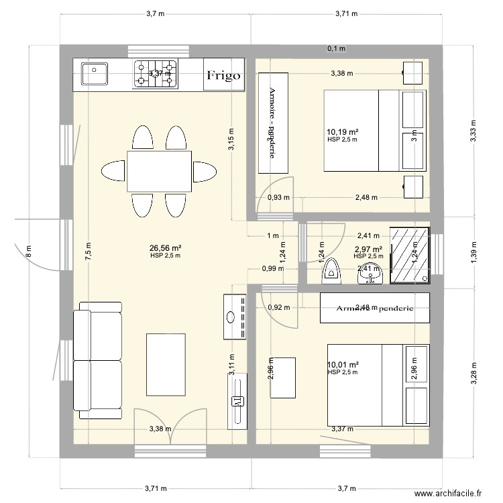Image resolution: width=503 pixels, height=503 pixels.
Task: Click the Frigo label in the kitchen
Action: pyautogui.click(x=223, y=76)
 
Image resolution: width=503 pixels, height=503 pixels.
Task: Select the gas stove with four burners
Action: pyautogui.click(x=156, y=74)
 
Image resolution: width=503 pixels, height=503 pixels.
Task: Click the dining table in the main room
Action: pyautogui.click(x=159, y=170)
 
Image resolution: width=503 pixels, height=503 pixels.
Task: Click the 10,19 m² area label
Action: pyautogui.click(x=343, y=132)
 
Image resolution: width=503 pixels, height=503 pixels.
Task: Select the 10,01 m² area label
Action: pyautogui.click(x=343, y=365)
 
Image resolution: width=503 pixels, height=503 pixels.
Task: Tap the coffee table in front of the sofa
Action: pyautogui.click(x=165, y=359)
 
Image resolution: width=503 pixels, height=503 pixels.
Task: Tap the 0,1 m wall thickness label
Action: pyautogui.click(x=336, y=48)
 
